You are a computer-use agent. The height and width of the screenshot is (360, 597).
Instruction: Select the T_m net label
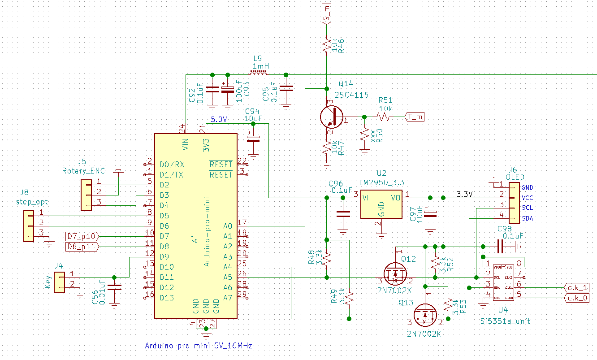point(415,117)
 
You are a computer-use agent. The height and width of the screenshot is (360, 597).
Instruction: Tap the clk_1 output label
point(578,287)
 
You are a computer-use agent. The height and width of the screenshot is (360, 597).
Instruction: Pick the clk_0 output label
point(578,298)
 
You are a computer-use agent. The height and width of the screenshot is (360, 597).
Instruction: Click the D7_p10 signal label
point(81,236)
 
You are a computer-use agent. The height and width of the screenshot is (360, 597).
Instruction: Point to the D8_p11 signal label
point(81,246)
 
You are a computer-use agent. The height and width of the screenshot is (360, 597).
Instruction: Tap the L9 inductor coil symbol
point(260,73)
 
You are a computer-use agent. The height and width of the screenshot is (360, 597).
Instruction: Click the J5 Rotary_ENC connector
point(86,195)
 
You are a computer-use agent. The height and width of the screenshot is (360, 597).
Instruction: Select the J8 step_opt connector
point(29,227)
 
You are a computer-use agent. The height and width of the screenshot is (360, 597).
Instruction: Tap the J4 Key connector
point(59,282)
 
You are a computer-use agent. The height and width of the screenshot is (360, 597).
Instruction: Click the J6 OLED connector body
point(514,203)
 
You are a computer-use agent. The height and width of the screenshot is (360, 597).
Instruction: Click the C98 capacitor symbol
point(501,246)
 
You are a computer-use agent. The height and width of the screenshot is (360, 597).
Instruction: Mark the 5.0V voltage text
point(219,120)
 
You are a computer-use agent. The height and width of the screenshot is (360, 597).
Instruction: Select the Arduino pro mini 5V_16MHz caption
point(199,346)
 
